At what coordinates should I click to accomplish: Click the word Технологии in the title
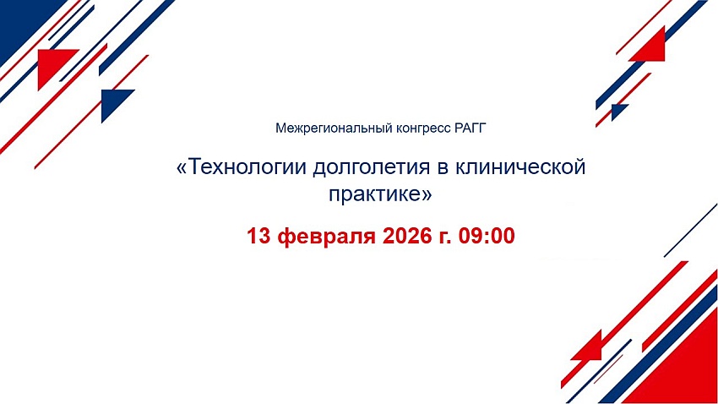pyautogui.click(x=247, y=167)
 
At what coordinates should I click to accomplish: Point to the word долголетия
pyautogui.click(x=372, y=168)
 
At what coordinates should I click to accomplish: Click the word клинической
pyautogui.click(x=520, y=167)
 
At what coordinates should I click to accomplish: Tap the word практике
pyautogui.click(x=375, y=194)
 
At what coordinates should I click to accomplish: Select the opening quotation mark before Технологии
pyautogui.click(x=182, y=168)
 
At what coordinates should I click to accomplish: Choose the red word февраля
pyautogui.click(x=327, y=237)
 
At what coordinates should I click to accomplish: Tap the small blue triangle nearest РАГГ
pyautogui.click(x=618, y=111)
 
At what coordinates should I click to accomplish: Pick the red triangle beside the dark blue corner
pyautogui.click(x=52, y=64)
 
